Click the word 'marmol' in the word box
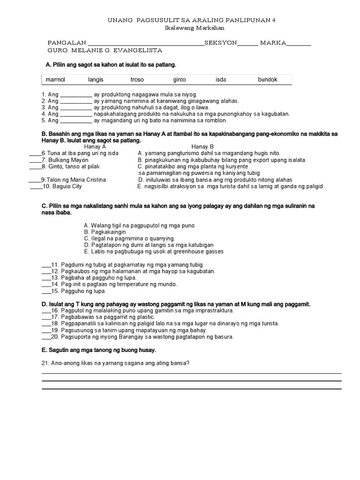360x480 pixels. point(55,80)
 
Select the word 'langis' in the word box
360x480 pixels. point(96,80)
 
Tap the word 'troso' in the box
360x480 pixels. point(137,80)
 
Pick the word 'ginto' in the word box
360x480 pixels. point(180,80)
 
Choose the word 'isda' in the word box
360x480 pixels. point(221,80)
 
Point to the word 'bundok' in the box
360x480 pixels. point(268,80)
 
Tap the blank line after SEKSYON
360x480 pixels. point(247,45)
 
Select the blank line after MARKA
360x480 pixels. point(299,45)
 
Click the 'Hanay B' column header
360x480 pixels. point(202,147)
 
